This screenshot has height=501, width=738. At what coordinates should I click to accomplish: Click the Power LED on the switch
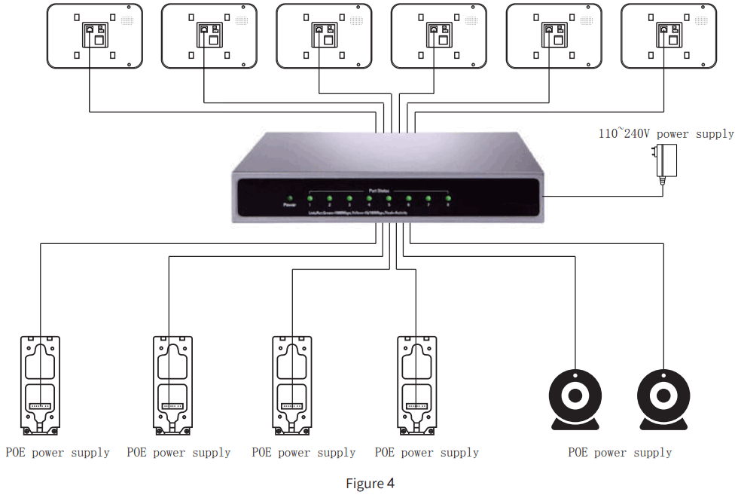pos(288,198)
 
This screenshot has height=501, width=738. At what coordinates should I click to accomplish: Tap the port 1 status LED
pos(310,199)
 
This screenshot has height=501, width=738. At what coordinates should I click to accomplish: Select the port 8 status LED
pos(447,199)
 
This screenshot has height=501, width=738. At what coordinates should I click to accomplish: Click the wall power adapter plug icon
pos(666,161)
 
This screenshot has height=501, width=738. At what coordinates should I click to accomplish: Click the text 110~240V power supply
pos(666,133)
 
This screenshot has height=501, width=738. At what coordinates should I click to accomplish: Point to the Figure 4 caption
pos(370,483)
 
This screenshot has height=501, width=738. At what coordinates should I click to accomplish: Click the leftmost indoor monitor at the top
pos(95,36)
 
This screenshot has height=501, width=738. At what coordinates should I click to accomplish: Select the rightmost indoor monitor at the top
pos(669,36)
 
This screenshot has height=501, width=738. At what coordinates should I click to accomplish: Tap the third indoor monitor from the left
pos(324,36)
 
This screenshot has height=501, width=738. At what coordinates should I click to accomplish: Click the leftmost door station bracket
pos(40,385)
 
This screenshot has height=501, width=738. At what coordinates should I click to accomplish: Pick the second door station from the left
pos(172,385)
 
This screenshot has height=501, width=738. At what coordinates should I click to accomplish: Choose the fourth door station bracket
pos(416,385)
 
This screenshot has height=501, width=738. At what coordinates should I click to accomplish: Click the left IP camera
pos(576,399)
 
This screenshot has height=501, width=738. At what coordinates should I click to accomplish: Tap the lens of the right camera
pos(663,396)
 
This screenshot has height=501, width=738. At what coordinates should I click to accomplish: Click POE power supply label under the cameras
pos(620,453)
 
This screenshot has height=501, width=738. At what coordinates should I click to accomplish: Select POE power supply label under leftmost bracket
pos(58,453)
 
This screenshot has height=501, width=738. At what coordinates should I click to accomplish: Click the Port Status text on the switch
pos(378,190)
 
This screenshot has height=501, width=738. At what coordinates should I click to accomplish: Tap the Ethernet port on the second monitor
pos(204,29)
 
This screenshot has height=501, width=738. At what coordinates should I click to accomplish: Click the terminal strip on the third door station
pos(291,405)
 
